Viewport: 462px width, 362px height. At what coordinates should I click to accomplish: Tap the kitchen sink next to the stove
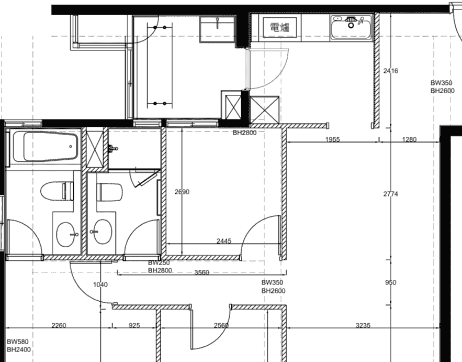point(351,27)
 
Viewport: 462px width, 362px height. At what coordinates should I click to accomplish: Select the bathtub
point(45,147)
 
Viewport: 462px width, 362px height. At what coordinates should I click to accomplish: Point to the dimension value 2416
point(391,71)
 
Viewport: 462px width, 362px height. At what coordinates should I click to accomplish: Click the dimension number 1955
point(333,139)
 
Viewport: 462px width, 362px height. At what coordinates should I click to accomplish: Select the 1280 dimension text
point(410,139)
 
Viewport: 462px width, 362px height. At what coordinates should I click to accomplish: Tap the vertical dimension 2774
point(391,194)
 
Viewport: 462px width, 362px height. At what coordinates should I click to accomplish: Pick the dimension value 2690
point(182,192)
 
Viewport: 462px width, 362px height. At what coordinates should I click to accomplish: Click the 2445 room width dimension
point(224,241)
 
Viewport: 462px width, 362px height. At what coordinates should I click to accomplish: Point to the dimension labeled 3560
point(202,272)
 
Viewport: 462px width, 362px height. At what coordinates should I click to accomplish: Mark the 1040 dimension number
point(100,285)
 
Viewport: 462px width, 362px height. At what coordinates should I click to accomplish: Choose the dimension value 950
point(391,283)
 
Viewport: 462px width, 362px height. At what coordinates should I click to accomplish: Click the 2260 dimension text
point(59,325)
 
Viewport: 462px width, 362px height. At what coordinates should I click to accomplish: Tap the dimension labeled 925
point(134,325)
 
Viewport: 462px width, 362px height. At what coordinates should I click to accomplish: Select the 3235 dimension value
point(363,325)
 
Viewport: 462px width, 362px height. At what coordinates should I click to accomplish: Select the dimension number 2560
point(221,325)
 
